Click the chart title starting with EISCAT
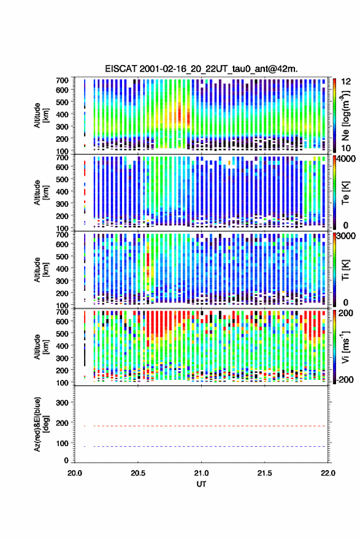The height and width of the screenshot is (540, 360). (201, 69)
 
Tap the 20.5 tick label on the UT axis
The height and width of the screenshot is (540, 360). (137, 473)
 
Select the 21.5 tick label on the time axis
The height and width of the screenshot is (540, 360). (264, 473)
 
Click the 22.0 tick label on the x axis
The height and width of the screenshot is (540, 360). (327, 473)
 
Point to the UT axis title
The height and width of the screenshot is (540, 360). (201, 484)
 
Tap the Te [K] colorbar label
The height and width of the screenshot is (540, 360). (345, 193)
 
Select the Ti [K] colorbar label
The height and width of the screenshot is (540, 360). (345, 270)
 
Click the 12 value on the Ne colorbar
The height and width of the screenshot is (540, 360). (346, 82)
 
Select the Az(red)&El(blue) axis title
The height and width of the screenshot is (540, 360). (41, 424)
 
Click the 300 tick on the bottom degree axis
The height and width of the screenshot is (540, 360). (63, 403)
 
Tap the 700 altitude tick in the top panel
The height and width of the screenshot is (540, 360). (63, 80)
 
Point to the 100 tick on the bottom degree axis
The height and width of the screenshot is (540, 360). (63, 443)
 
